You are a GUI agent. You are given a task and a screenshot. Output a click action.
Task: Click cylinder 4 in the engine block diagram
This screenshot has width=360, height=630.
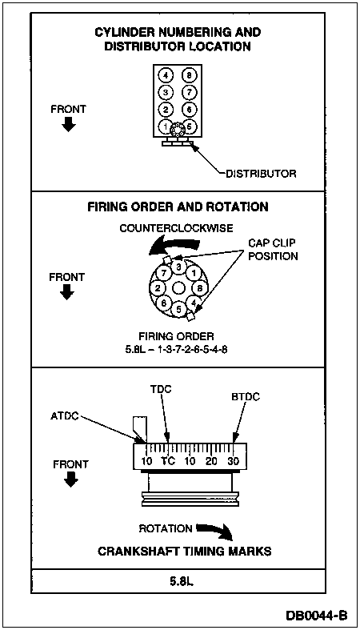(166, 75)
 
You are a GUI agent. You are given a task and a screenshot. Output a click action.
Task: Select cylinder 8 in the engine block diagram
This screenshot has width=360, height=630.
(188, 75)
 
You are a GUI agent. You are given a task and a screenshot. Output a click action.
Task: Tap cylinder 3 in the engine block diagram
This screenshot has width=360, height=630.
(166, 92)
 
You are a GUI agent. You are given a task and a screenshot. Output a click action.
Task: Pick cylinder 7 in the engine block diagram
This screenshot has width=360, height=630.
(188, 92)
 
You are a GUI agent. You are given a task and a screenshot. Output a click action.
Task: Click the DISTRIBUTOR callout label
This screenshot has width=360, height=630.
(261, 174)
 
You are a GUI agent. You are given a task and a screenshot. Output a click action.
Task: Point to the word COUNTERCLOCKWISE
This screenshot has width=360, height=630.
(176, 228)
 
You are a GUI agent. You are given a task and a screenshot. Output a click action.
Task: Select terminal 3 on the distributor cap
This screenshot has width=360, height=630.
(178, 267)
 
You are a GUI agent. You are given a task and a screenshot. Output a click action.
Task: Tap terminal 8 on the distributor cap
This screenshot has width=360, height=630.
(199, 288)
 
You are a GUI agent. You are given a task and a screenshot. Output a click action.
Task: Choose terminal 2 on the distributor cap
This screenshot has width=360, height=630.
(158, 288)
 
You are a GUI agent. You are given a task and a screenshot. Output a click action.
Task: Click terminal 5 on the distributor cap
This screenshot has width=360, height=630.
(179, 309)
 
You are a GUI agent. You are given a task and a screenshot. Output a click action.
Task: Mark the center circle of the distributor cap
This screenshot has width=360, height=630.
(178, 287)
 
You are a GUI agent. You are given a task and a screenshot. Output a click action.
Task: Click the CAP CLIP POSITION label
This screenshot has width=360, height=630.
(273, 250)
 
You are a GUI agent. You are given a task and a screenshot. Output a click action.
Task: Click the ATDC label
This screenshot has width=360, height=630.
(65, 415)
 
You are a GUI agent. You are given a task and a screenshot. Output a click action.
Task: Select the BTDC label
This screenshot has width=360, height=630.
(246, 397)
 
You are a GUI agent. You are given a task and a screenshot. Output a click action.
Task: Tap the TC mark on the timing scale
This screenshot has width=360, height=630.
(168, 461)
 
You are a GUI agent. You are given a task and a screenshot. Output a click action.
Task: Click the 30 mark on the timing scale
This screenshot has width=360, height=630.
(233, 461)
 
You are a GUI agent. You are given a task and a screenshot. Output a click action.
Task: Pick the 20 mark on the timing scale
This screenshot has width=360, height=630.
(211, 461)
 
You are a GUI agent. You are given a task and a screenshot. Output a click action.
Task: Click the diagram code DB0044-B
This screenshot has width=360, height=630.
(317, 615)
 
